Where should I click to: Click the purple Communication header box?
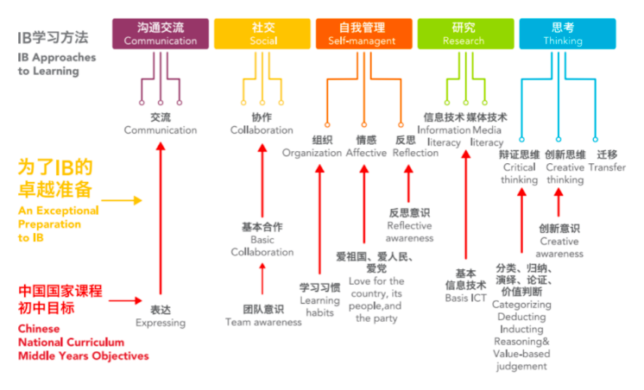click(161, 33)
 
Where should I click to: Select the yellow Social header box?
click(262, 33)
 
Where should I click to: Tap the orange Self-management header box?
click(363, 33)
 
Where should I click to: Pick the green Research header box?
click(464, 33)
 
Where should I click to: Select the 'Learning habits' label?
click(319, 300)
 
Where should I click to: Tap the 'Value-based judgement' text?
click(521, 360)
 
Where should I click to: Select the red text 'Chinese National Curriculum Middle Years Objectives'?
click(83, 342)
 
